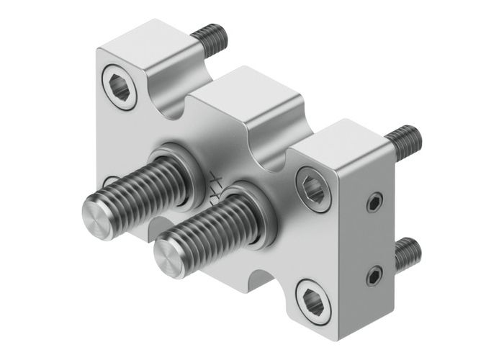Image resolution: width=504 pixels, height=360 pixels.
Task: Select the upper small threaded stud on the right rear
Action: click(404, 136)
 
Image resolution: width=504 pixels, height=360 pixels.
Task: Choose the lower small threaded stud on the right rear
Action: click(407, 251)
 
